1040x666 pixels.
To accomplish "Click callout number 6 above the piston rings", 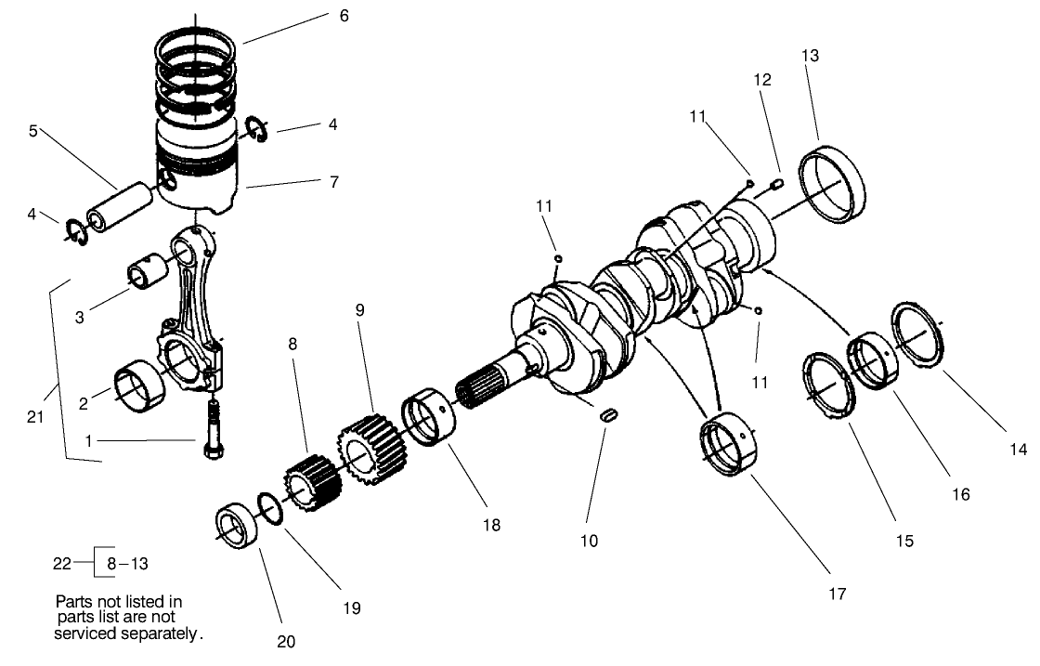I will [344, 17].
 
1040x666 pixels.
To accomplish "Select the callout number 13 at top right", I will [810, 56].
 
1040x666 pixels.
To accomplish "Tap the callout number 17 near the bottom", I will [838, 594].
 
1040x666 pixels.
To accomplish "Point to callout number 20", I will [285, 640].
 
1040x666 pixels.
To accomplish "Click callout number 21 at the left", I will [36, 417].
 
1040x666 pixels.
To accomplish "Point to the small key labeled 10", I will [607, 416].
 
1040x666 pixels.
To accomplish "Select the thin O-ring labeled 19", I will [268, 508].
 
